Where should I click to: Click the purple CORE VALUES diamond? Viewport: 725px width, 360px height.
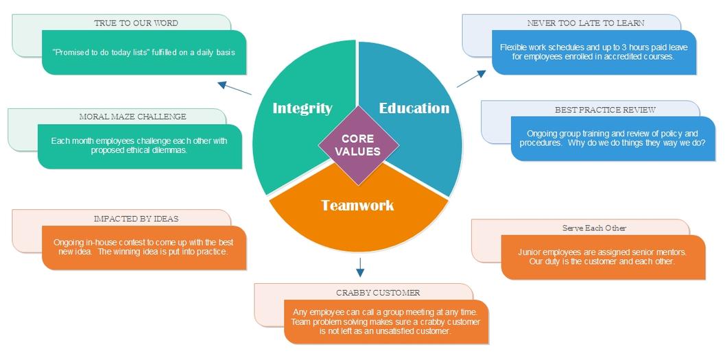pyautogui.click(x=358, y=145)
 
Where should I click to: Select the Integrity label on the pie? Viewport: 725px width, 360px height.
pyautogui.click(x=302, y=108)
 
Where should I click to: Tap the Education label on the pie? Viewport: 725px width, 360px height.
pyautogui.click(x=414, y=108)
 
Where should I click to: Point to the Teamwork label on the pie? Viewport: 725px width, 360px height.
pyautogui.click(x=357, y=205)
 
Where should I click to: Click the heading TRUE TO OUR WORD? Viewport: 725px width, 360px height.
pyautogui.click(x=136, y=23)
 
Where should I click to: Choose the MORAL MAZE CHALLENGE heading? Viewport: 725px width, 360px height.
pyautogui.click(x=132, y=117)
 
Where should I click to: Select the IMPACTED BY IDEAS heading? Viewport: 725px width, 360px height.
pyautogui.click(x=136, y=219)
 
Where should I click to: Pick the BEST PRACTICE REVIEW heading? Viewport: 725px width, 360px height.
pyautogui.click(x=605, y=110)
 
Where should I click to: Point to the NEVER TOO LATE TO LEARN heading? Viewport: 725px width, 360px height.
pyautogui.click(x=586, y=23)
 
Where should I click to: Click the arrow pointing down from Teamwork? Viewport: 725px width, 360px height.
pyautogui.click(x=360, y=266)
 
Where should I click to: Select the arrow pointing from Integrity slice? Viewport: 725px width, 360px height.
pyautogui.click(x=235, y=88)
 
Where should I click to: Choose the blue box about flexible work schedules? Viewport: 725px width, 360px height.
pyautogui.click(x=594, y=52)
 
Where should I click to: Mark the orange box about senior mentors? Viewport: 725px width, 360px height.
pyautogui.click(x=603, y=257)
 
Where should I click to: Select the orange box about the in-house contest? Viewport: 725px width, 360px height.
pyautogui.click(x=143, y=248)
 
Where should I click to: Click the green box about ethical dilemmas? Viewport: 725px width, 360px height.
pyautogui.click(x=139, y=145)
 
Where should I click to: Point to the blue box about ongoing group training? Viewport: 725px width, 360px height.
pyautogui.click(x=612, y=139)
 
